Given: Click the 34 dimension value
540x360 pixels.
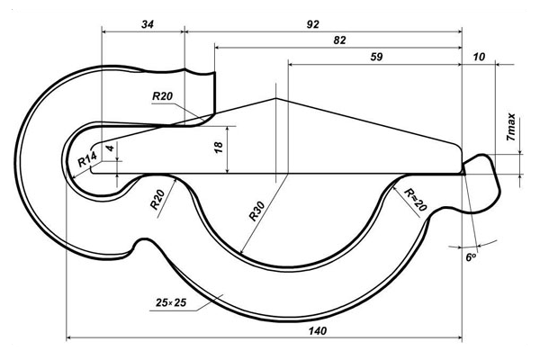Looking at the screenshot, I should coord(148,24).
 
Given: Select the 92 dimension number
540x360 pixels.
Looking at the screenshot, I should coord(312,24).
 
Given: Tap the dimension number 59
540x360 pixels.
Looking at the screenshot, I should coord(376,57).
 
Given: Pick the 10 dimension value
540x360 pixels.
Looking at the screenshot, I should coord(478,57).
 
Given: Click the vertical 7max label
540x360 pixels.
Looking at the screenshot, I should coord(511,127).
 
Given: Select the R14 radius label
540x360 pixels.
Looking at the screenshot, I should coord(86,159).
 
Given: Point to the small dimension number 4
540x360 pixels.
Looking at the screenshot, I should coord(109,146).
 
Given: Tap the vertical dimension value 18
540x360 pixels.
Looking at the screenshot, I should coord(218,148).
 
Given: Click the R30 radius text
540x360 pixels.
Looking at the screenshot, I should coord(256,212).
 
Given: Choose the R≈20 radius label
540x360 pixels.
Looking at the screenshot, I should coord(415,199).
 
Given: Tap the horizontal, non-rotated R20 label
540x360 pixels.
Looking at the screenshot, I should coord(163,95).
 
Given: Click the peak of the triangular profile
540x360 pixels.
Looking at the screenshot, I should coord(275,97).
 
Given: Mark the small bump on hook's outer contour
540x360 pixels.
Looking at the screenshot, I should coord(140,243).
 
